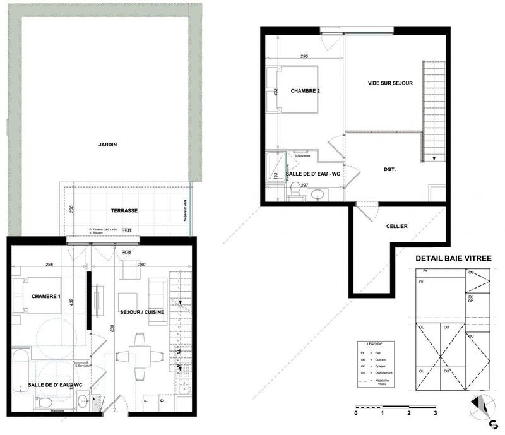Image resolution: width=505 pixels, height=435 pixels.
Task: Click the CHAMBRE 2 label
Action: tap(306, 92)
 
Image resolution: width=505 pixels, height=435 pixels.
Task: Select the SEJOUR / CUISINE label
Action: tap(141, 311)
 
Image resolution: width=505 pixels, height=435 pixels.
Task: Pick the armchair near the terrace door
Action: tap(129, 271)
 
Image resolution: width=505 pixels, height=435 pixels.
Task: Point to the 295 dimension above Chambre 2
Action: tap(304, 57)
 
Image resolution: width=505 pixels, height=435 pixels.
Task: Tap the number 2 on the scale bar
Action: tap(409, 413)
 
